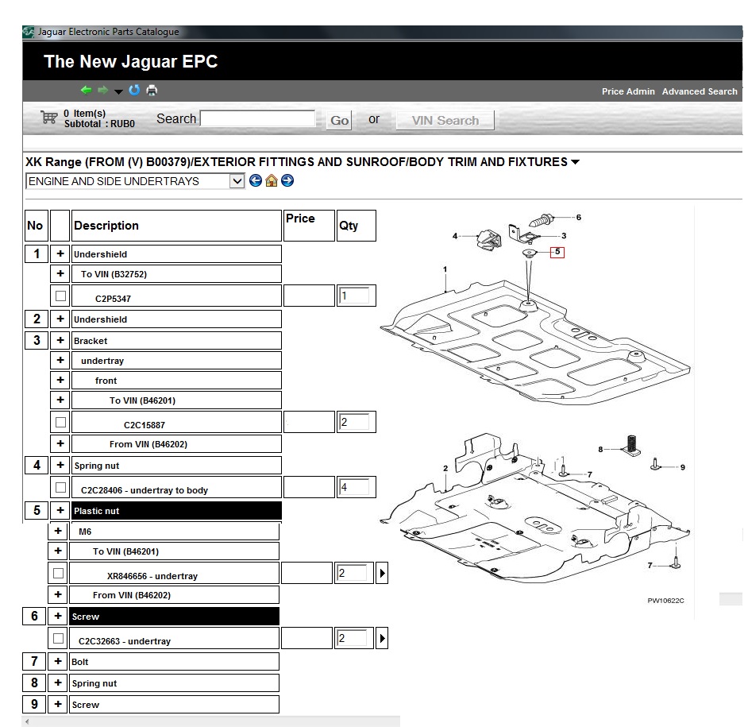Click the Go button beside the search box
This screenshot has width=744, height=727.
tap(339, 120)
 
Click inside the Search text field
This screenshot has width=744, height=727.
tap(257, 118)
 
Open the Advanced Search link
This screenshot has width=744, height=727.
tap(700, 91)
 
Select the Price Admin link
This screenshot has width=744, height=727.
tap(628, 91)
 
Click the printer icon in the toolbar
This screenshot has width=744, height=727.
tap(152, 90)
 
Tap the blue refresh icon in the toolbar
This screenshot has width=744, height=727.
tap(135, 90)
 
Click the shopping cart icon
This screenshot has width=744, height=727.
tap(49, 117)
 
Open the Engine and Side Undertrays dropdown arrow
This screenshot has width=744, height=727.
tap(237, 181)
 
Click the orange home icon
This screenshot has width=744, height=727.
tap(272, 180)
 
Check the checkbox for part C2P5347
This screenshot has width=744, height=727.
tap(60, 296)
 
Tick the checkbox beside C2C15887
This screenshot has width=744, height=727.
tap(60, 422)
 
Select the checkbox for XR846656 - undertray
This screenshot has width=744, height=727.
tap(59, 573)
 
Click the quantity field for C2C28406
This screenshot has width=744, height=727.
tap(353, 487)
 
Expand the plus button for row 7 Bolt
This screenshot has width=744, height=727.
tap(58, 661)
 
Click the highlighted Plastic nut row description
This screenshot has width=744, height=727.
tap(176, 511)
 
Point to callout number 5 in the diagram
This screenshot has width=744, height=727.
tap(557, 252)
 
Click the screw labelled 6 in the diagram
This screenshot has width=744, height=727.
tap(541, 220)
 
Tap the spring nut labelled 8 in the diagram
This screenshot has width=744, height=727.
tap(631, 446)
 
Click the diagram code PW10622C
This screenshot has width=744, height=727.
tap(665, 601)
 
